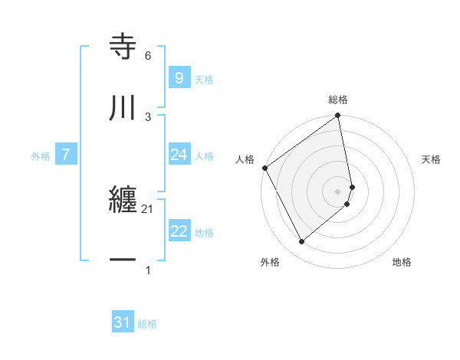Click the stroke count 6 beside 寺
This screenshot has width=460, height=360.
coord(148,56)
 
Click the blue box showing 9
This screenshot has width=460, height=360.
coord(179,77)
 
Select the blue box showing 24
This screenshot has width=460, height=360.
coord(179,155)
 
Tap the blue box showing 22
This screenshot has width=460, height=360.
coord(179,231)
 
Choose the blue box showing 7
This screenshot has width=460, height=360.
coord(66,155)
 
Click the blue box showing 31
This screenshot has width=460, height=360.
coord(123,323)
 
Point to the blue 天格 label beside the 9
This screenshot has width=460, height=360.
coord(203,79)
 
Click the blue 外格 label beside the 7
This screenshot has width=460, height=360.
coord(41,155)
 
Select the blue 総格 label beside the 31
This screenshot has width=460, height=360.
coord(147,324)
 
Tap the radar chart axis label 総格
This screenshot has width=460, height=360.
coord(338,100)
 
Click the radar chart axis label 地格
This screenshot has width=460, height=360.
coord(402,262)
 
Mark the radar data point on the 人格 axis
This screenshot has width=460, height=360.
coord(265,168)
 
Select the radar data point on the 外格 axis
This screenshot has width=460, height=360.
coord(301,242)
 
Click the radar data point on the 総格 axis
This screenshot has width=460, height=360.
coord(338,116)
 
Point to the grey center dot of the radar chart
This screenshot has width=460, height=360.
coord(338,191)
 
